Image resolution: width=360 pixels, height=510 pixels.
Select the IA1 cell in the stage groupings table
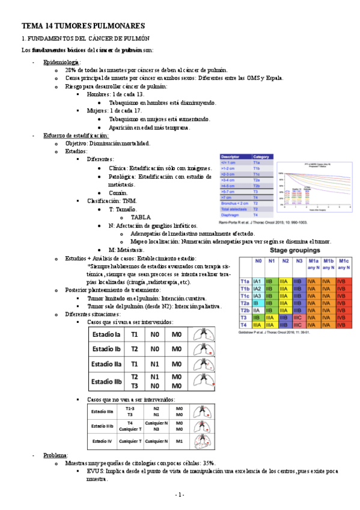(257, 281)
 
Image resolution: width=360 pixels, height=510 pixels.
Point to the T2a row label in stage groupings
(245, 304)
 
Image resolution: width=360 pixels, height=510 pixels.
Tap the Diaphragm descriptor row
(233, 214)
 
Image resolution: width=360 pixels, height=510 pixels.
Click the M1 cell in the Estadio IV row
(179, 441)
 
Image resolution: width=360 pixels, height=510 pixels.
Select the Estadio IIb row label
(106, 381)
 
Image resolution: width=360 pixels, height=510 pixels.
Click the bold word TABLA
(141, 217)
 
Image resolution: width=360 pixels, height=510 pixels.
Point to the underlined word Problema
(56, 455)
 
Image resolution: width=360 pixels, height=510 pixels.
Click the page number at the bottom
(179, 494)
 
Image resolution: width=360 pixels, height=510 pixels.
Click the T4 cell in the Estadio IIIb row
(130, 423)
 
